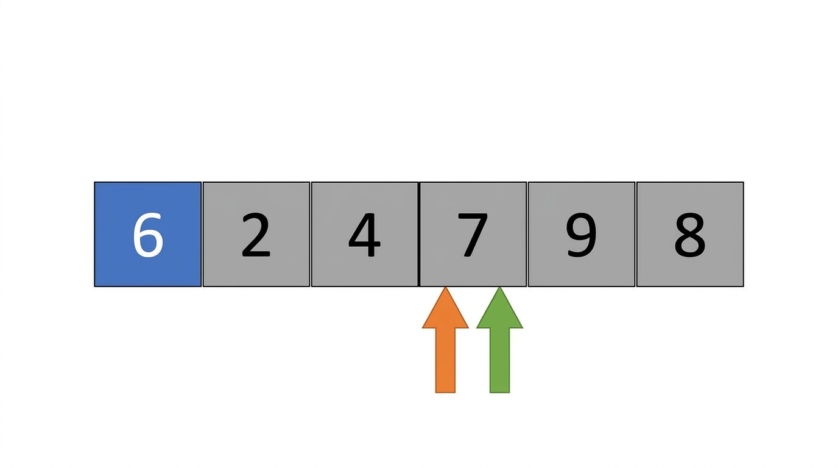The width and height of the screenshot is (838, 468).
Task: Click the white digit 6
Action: pyautogui.click(x=148, y=235)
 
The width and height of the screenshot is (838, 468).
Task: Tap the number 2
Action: pyautogui.click(x=256, y=235)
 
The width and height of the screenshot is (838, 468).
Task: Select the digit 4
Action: pyautogui.click(x=364, y=235)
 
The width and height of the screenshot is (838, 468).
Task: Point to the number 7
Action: pyautogui.click(x=473, y=235)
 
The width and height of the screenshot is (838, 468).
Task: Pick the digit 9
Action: pyautogui.click(x=581, y=235)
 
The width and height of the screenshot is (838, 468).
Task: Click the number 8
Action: pyautogui.click(x=690, y=235)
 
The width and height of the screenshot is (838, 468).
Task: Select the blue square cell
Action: pyautogui.click(x=148, y=235)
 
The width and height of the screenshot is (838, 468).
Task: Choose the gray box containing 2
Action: pyautogui.click(x=256, y=235)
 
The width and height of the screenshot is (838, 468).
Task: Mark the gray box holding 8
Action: pyautogui.click(x=690, y=235)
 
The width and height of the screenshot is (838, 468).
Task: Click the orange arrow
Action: pyautogui.click(x=445, y=340)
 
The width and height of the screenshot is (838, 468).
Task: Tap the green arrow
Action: pyautogui.click(x=499, y=340)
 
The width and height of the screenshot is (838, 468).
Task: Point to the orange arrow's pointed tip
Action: pyautogui.click(x=445, y=288)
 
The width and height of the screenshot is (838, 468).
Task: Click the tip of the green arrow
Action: pyautogui.click(x=499, y=288)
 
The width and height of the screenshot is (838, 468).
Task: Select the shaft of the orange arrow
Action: pyautogui.click(x=445, y=360)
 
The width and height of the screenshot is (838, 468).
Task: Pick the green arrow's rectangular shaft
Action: pyautogui.click(x=499, y=360)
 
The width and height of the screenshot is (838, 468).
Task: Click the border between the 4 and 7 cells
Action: pyautogui.click(x=419, y=235)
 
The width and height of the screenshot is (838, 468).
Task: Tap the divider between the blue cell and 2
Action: pyautogui.click(x=202, y=235)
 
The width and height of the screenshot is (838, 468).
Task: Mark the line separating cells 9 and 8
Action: pyautogui.click(x=636, y=235)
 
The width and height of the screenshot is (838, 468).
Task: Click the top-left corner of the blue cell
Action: pyautogui.click(x=94, y=182)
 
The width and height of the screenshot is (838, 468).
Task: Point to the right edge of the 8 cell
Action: pyautogui.click(x=744, y=235)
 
